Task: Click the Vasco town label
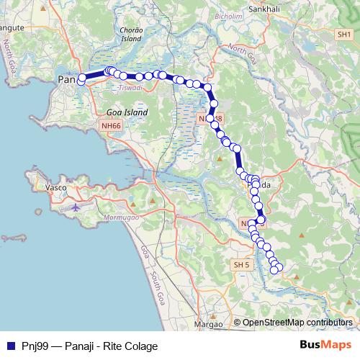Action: click(56, 187)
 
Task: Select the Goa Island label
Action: click(127, 112)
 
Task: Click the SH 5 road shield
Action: click(240, 266)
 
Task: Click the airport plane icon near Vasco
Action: click(76, 207)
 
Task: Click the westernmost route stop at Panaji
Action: click(81, 78)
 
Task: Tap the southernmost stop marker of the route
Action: click(274, 271)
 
